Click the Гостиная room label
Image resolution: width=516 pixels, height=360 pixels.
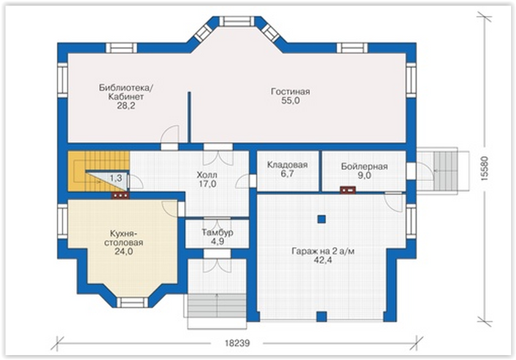[x=290, y=91]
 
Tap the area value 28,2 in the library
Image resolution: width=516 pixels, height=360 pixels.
[x=126, y=106]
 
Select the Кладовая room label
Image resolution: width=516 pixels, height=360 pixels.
[x=287, y=165]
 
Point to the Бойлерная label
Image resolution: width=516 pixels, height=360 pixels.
[x=364, y=167]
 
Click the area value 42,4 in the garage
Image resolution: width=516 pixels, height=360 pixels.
[x=323, y=260]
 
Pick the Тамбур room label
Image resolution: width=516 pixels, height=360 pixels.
[x=218, y=232]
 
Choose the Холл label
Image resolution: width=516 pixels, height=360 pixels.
[x=207, y=175]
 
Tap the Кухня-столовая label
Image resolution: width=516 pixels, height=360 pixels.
[x=124, y=238]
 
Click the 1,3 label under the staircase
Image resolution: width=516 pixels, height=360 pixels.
[x=116, y=178]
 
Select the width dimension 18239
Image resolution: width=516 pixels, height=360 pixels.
[x=237, y=343]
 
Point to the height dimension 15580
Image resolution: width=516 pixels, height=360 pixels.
[x=485, y=168]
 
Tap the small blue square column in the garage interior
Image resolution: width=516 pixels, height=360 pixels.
[x=322, y=219]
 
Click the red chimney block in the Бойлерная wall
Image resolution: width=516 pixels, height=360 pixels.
[x=348, y=190]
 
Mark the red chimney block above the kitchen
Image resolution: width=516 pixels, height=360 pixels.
[x=120, y=196]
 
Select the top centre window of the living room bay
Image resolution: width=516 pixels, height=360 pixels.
[x=236, y=21]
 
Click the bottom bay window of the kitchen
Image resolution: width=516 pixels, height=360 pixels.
[x=133, y=302]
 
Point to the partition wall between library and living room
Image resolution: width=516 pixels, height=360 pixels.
[x=190, y=117]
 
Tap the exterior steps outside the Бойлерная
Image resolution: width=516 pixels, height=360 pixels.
[x=445, y=170]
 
